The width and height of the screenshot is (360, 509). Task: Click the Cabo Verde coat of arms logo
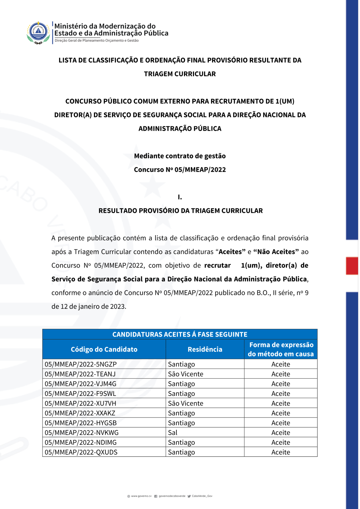[39, 32]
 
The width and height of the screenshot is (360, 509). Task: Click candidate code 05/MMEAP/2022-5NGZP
[81, 364]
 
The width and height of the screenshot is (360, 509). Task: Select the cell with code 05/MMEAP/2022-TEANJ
[80, 374]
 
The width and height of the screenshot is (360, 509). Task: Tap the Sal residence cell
[173, 433]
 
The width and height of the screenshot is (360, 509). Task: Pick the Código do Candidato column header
[104, 349]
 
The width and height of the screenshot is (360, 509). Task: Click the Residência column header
[205, 349]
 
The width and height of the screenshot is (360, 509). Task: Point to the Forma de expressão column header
[281, 349]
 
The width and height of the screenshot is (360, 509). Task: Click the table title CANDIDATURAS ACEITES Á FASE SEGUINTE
[180, 334]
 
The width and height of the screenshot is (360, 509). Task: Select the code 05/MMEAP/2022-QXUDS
[81, 452]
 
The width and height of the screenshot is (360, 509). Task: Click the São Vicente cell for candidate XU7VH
[186, 404]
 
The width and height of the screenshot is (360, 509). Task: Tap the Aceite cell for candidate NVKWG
[280, 433]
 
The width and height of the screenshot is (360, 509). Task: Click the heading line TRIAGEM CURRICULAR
[180, 74]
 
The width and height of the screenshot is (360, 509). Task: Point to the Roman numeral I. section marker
[180, 197]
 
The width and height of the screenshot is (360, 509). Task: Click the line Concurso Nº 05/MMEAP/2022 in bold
[180, 170]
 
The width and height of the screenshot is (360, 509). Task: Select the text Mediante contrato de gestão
[180, 156]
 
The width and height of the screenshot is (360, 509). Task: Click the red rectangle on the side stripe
[352, 266]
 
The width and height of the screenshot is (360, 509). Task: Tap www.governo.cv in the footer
[141, 496]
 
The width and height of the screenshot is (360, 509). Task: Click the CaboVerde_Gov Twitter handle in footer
[202, 496]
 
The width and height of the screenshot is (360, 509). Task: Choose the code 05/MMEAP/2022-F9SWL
[80, 394]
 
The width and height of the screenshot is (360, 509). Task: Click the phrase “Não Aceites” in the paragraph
[276, 252]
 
